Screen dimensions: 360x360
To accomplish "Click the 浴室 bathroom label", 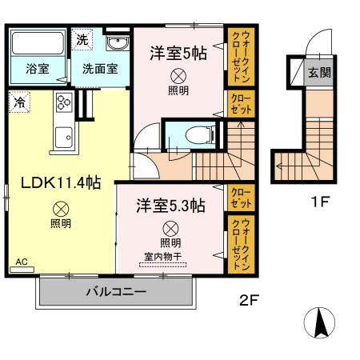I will pos(38,69).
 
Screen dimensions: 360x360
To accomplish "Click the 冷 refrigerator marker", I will pos(18,102).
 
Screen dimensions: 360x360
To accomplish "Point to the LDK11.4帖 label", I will pos(60,182).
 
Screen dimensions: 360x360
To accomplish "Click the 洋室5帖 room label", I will pos(178,53).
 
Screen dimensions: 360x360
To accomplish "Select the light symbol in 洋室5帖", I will pos(178,76).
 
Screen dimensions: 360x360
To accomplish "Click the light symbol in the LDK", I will pos(61,206).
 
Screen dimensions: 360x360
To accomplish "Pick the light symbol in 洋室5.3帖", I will pos(169,227).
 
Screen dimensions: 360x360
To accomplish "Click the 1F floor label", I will pos(318,202).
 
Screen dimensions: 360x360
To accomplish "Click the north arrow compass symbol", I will pos(321,322).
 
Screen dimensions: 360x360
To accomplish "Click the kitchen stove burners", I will pos(64,102).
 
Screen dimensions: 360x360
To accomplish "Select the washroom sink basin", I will pos(117,42).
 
